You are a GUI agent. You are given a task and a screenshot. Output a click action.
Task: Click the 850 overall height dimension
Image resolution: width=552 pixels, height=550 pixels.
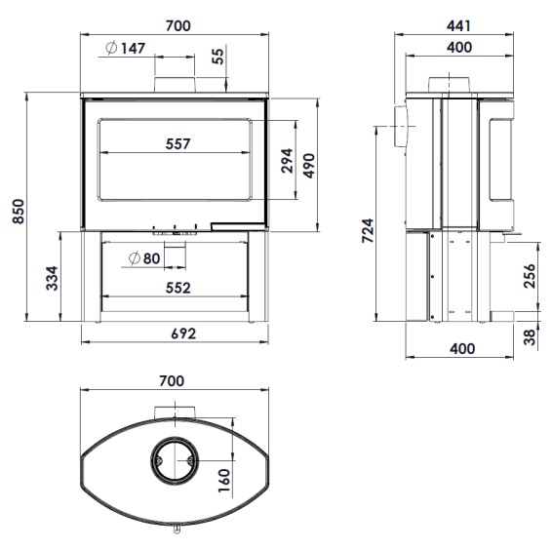(18, 212)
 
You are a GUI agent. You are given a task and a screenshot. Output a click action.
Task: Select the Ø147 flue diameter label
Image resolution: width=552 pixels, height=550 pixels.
(126, 48)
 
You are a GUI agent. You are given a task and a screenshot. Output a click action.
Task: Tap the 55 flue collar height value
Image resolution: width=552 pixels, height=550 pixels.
(218, 56)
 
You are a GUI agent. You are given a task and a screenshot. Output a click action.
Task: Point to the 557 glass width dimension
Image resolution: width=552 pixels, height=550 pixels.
(178, 144)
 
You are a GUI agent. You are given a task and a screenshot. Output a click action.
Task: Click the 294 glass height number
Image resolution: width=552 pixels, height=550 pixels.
(288, 161)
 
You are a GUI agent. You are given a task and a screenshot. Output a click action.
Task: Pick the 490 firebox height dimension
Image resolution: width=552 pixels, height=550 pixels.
(309, 166)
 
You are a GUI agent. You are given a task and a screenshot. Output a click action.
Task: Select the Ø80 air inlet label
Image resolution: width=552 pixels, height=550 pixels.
(144, 258)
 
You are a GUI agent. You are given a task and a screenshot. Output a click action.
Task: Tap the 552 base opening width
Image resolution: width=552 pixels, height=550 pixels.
(178, 288)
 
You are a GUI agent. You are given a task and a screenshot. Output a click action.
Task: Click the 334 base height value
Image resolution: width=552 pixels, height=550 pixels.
(52, 278)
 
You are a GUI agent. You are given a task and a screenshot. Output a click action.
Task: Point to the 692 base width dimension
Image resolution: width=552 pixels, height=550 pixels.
(183, 334)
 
